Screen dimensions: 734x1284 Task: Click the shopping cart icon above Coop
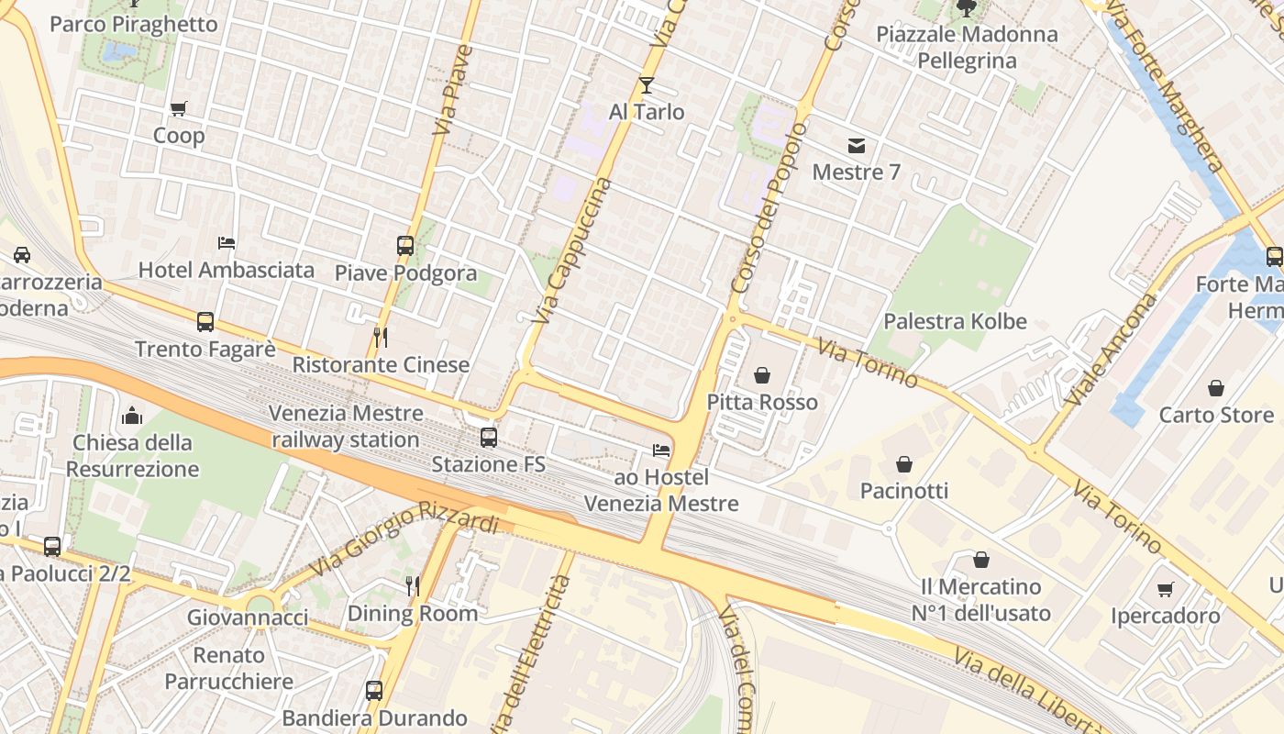coord(179,108)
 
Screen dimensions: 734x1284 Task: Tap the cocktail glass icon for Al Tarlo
coord(647,85)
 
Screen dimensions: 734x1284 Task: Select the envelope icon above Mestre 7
coord(857,145)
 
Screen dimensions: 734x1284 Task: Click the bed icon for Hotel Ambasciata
coord(227,243)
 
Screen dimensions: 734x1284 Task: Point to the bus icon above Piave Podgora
coord(405,245)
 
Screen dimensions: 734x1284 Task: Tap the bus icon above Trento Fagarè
coord(205,322)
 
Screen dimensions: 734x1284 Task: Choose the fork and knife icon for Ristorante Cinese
coord(381,338)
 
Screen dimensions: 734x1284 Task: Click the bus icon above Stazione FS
coord(489,437)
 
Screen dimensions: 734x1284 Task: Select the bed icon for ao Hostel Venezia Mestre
coord(660,450)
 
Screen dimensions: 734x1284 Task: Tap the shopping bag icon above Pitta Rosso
coord(762,375)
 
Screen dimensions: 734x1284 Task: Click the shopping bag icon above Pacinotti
coord(904,464)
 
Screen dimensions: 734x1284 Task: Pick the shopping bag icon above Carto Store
coord(1216,388)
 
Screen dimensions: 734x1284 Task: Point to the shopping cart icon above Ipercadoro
coord(1165,589)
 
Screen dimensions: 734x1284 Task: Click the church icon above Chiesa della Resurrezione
coord(132,416)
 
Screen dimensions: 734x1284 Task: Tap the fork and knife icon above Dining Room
coord(413,585)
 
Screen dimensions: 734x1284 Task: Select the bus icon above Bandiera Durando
coord(374,690)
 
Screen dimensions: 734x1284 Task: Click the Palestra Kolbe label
coord(955,322)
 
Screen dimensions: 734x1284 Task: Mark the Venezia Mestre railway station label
coord(346,427)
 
